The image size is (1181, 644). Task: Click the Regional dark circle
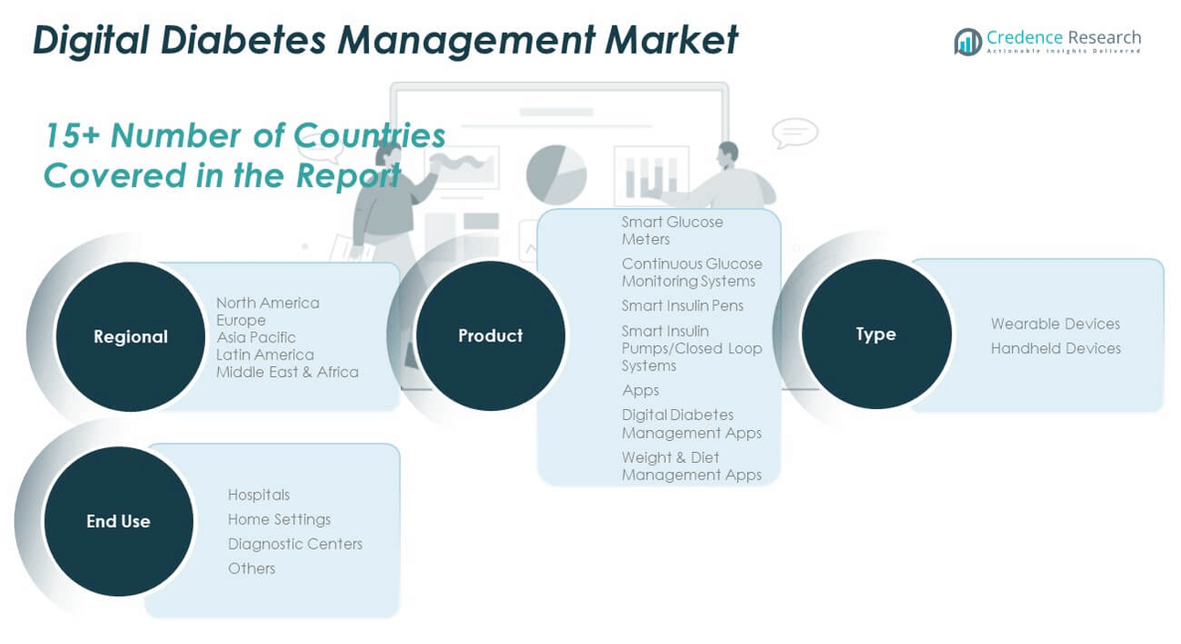[x=130, y=336]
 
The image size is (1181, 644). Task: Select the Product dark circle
[x=491, y=335]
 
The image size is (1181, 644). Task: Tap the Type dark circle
[x=876, y=333]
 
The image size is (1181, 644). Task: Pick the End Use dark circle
[x=118, y=522]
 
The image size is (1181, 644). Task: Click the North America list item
[x=268, y=303]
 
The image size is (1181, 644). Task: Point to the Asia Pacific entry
[x=256, y=337]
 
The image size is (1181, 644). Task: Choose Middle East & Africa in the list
[x=287, y=372]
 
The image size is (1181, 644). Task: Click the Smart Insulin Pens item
[x=683, y=306]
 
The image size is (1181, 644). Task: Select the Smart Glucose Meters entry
[x=672, y=231]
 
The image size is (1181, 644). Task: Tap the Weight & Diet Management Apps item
[x=691, y=466]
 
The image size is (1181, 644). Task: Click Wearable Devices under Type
[x=1056, y=323]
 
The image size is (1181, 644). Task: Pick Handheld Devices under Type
[x=1056, y=348]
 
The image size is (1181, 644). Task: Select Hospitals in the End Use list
[x=259, y=495]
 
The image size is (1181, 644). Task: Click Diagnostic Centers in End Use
[x=295, y=543]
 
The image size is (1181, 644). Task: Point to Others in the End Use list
[x=252, y=568]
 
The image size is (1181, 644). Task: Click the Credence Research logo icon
[x=968, y=42]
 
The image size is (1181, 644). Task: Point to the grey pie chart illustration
[x=556, y=174]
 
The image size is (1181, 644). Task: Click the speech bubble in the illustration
[x=795, y=134]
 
